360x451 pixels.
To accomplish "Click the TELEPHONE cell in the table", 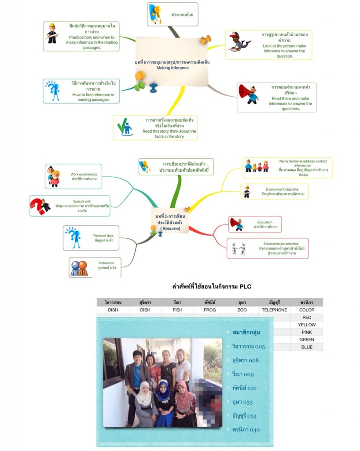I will tap(274, 310).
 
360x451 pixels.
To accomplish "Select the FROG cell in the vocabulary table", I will tap(210, 310).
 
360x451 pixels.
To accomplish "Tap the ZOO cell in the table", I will tap(242, 310).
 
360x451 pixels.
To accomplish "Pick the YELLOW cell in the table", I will tap(307, 325).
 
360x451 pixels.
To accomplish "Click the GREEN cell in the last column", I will tap(307, 340).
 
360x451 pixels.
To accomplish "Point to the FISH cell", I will tap(177, 310).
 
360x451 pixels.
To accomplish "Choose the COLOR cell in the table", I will tap(307, 310).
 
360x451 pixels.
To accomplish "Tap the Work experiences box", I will tap(73, 177).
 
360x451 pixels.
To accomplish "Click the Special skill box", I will tap(70, 206).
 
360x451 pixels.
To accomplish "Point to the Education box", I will tap(256, 225).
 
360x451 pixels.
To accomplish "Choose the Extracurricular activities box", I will tap(268, 248).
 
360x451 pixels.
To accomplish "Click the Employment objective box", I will tap(275, 192).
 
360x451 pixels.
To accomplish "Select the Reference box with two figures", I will tap(95, 266).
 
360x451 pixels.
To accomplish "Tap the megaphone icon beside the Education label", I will tap(237, 224).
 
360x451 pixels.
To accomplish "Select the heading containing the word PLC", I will tap(212, 286).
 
